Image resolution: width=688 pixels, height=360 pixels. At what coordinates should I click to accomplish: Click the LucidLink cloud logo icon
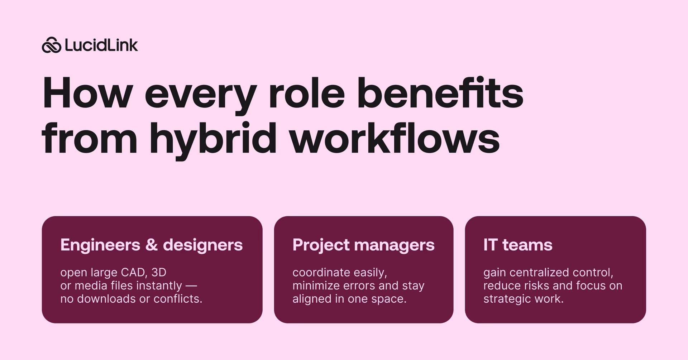(52, 45)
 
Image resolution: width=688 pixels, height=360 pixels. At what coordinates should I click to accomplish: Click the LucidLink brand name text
(101, 45)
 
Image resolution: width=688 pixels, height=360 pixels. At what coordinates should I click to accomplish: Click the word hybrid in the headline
(213, 139)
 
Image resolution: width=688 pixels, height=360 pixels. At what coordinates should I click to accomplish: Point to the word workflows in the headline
(394, 139)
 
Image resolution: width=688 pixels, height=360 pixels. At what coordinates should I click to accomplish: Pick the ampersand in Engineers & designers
(152, 245)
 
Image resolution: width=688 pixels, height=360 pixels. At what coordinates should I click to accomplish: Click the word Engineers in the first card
(100, 245)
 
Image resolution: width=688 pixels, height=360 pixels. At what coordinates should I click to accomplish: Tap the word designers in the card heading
(203, 245)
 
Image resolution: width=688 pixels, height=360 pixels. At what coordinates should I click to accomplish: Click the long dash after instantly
(191, 286)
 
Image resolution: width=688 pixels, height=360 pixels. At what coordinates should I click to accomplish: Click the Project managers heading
(363, 245)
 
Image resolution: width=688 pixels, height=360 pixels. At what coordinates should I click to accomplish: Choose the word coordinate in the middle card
(321, 273)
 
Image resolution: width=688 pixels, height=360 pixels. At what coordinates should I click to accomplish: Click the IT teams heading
(518, 245)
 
